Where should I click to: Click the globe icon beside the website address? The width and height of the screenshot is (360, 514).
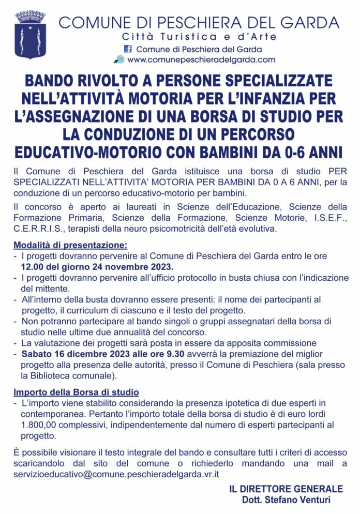119,59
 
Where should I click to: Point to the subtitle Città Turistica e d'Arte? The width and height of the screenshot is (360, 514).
199,37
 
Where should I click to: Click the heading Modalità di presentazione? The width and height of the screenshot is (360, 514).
70,245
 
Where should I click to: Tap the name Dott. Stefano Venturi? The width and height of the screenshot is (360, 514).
286,500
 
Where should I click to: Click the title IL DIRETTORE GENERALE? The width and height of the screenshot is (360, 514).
286,489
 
